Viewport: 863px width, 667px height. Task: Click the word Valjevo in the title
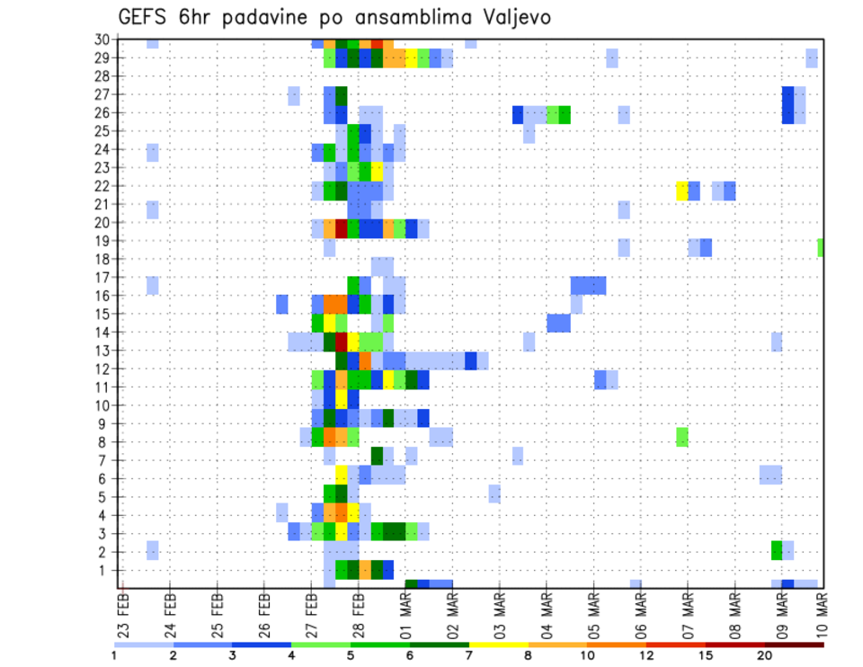click(x=512, y=18)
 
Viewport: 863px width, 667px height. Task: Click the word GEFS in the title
click(x=143, y=18)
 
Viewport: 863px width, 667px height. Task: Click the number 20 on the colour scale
click(x=765, y=655)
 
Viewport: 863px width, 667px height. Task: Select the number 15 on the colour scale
click(x=706, y=655)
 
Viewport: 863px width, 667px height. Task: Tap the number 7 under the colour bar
click(x=468, y=655)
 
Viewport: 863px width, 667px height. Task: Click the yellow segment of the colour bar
click(x=498, y=645)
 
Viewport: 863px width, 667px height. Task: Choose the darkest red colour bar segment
click(x=794, y=645)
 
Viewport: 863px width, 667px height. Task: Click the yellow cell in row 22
click(x=682, y=191)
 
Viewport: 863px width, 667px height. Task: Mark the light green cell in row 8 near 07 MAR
click(x=682, y=437)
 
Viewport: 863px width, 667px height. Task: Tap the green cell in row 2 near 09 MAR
click(x=777, y=550)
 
